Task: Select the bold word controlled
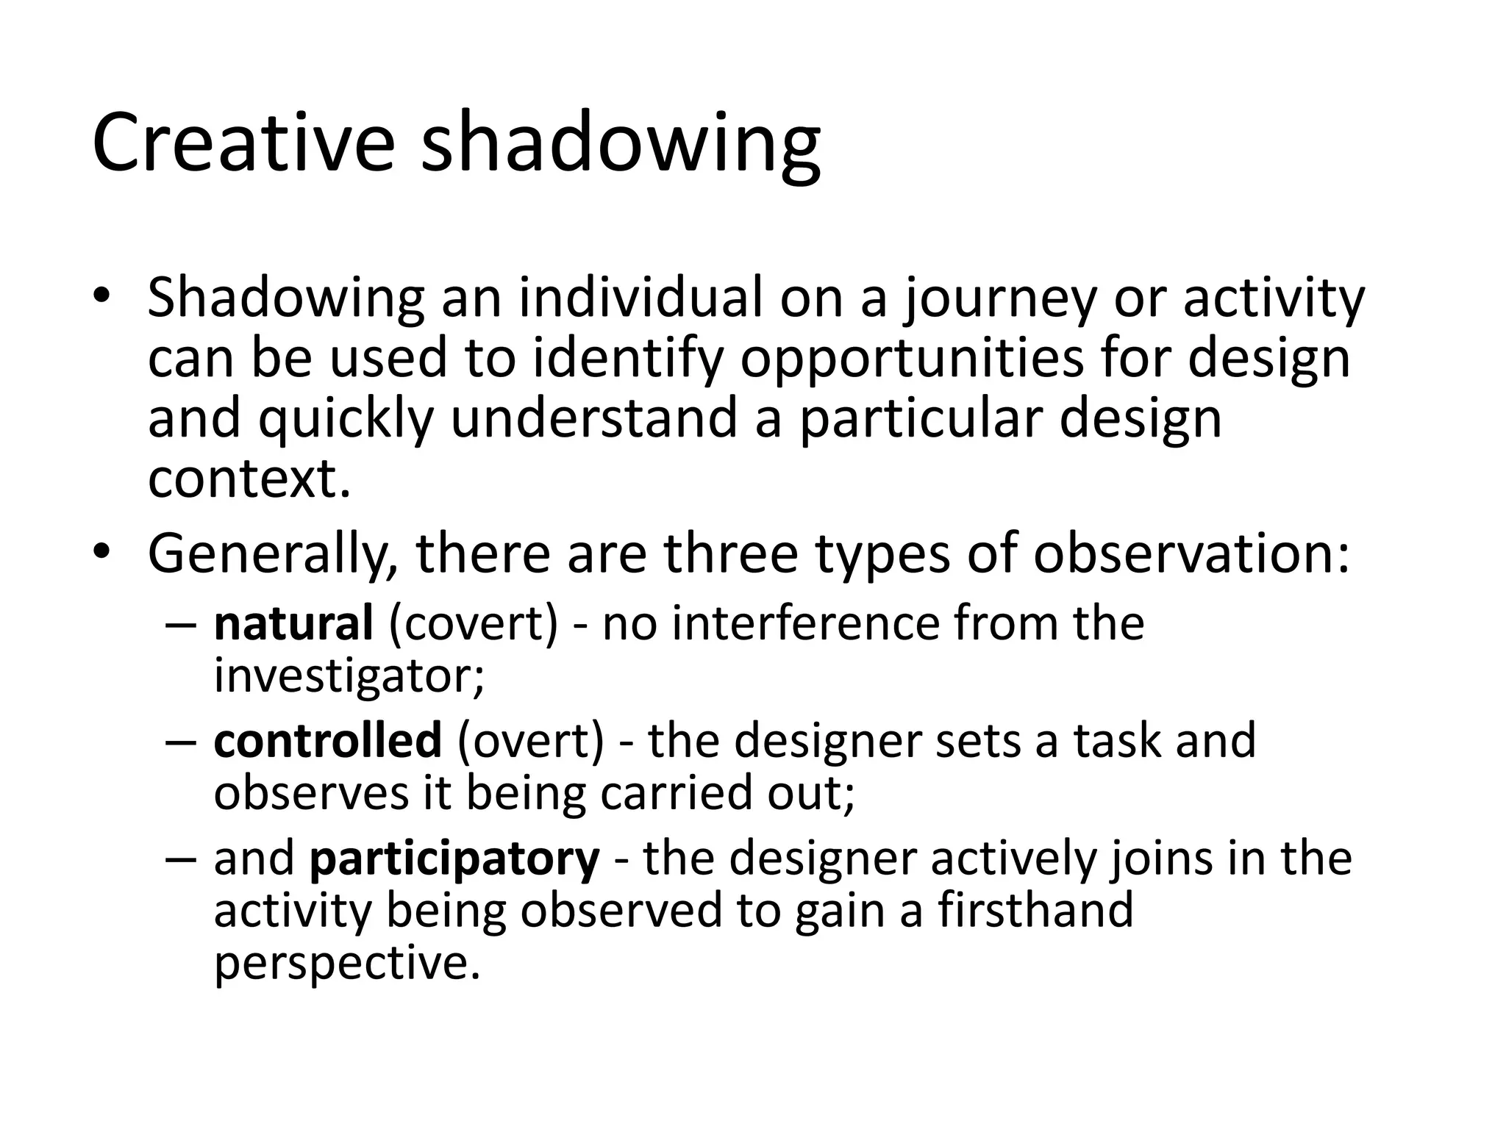point(328,740)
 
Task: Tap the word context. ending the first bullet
point(249,479)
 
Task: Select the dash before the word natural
point(180,626)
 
